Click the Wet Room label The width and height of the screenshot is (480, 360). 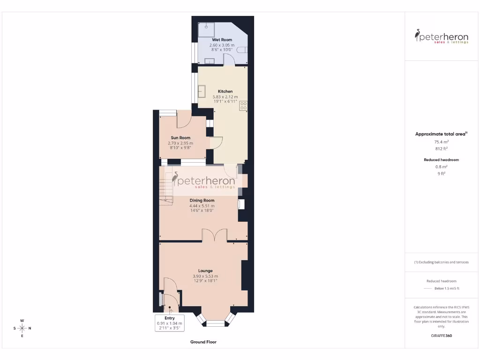coord(222,40)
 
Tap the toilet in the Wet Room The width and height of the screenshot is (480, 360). coord(242,50)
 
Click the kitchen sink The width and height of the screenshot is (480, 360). coord(202,91)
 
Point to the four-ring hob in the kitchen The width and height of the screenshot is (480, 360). coord(243,106)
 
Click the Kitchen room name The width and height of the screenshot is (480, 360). coord(225,91)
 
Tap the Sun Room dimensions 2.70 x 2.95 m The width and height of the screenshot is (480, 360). coord(180,143)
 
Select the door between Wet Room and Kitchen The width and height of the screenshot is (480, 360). coord(229,60)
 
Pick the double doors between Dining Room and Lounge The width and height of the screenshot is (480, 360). coord(215,235)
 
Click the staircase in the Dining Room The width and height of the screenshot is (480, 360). coord(166,187)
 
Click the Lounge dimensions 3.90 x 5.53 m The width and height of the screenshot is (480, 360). coord(205,276)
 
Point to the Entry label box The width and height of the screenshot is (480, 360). coord(169,323)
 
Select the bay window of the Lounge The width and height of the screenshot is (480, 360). coord(216,321)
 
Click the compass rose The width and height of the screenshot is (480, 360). coord(22,328)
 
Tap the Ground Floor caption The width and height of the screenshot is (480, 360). coord(203,342)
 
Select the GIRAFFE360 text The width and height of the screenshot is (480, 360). coord(441,336)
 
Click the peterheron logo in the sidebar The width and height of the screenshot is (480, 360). coord(441,36)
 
